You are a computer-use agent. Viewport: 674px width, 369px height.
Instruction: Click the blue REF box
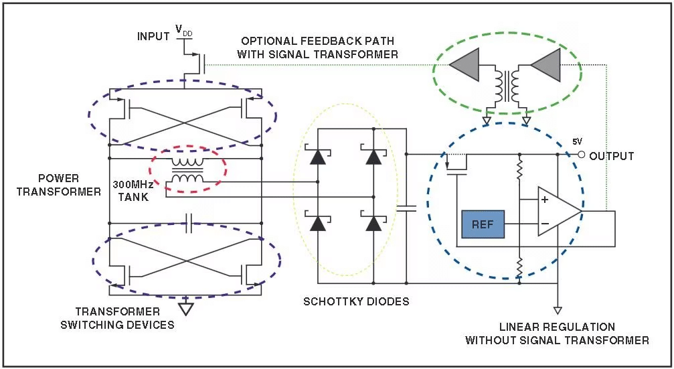click(x=483, y=224)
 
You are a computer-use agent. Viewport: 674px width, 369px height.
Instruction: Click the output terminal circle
click(x=581, y=155)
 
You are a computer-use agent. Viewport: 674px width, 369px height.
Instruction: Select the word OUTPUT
click(x=611, y=156)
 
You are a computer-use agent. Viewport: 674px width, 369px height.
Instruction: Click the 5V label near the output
click(x=576, y=142)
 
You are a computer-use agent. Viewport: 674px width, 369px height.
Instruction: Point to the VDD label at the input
click(x=183, y=30)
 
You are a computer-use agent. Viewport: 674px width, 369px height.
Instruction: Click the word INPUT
click(x=153, y=36)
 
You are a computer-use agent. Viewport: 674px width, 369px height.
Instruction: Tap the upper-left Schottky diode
click(x=317, y=157)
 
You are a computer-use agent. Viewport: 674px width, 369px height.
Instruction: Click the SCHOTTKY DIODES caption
click(x=356, y=301)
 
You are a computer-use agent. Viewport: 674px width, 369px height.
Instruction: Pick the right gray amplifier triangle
click(x=546, y=66)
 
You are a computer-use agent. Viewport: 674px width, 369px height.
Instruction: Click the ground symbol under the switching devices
click(x=186, y=308)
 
